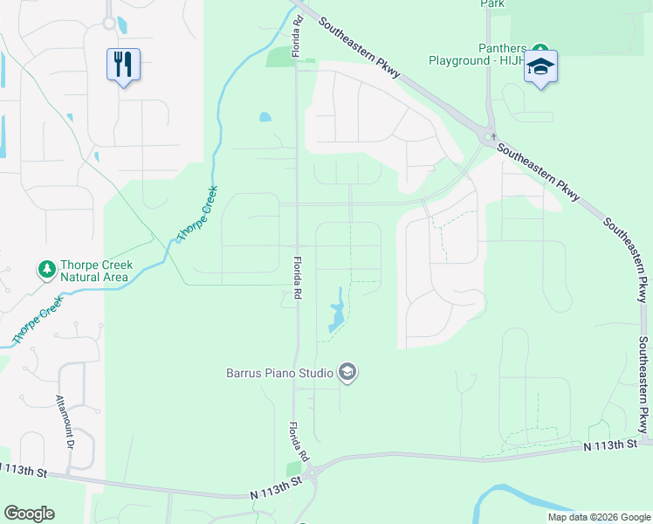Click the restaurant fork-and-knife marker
pos(123,64)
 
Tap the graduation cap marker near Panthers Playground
pos(540,66)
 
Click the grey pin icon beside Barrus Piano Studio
pos(347,374)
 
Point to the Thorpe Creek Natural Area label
pos(94,272)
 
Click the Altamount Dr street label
pos(69,422)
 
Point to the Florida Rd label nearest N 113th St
pos(300,441)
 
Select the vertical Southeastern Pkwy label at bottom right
pos(643,384)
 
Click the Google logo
pos(29,514)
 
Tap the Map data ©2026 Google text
pos(598,517)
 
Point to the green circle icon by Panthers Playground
pos(540,48)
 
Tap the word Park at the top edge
pos(493,3)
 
